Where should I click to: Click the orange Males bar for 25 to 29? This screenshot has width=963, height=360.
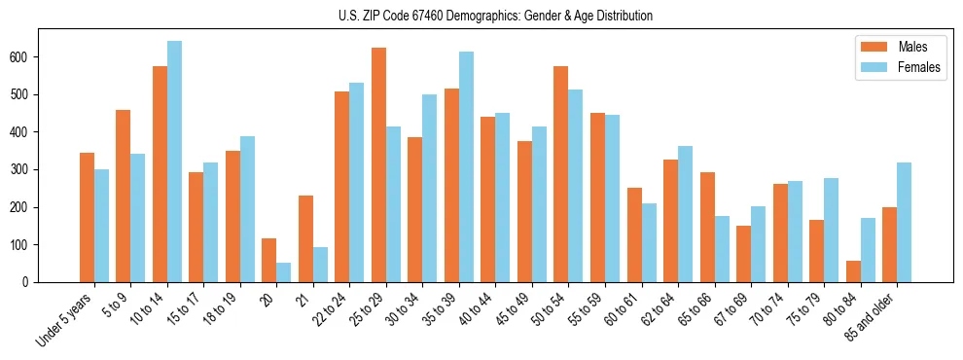coord(378,165)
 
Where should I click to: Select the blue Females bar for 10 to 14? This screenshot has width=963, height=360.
coord(174,162)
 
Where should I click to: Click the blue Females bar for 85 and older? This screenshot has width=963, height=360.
coord(905,223)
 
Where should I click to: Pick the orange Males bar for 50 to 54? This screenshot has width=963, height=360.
coord(561,174)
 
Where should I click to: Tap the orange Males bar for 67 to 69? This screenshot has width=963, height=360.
coord(743,254)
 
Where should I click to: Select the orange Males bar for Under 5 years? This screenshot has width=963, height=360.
coord(87,218)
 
